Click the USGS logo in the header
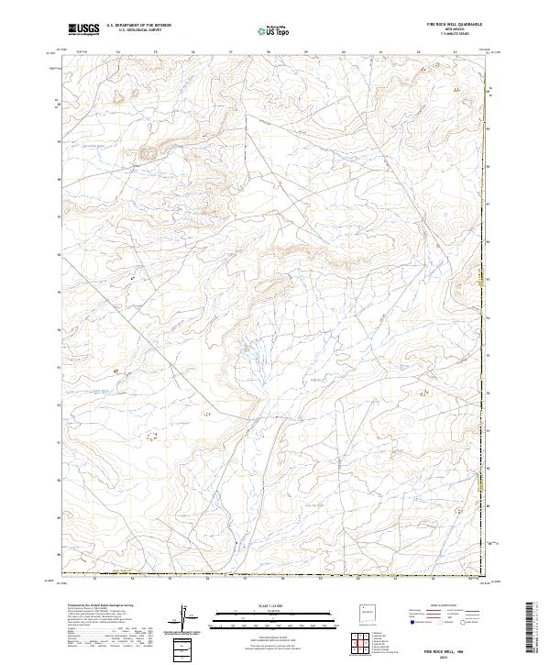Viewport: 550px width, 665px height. [83, 29]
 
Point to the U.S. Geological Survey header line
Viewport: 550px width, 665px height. [138, 31]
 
